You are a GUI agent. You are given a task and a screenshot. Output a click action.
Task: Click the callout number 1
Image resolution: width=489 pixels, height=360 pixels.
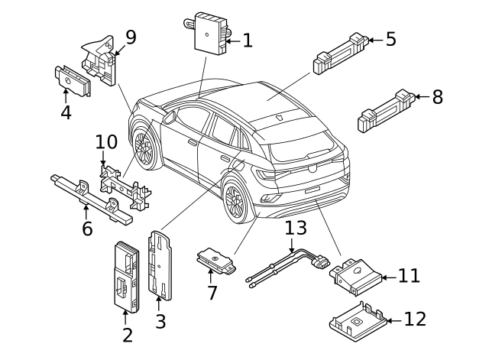[247, 41]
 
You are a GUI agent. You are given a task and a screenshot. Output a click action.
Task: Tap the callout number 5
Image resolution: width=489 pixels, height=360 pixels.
[390, 39]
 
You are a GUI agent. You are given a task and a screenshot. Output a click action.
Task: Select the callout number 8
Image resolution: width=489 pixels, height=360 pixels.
[437, 97]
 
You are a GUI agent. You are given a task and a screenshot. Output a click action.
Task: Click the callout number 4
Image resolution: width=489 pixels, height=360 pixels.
[66, 113]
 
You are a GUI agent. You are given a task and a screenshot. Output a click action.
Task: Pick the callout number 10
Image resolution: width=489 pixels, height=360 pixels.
[106, 142]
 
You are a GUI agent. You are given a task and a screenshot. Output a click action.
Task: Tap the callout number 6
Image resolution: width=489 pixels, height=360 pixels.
[86, 228]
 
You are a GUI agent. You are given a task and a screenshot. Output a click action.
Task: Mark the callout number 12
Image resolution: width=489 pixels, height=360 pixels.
[415, 319]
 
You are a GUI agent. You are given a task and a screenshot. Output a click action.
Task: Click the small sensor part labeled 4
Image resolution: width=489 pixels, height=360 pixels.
[72, 79]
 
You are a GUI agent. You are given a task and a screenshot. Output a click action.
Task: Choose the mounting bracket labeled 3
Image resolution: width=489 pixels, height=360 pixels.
[162, 264]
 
